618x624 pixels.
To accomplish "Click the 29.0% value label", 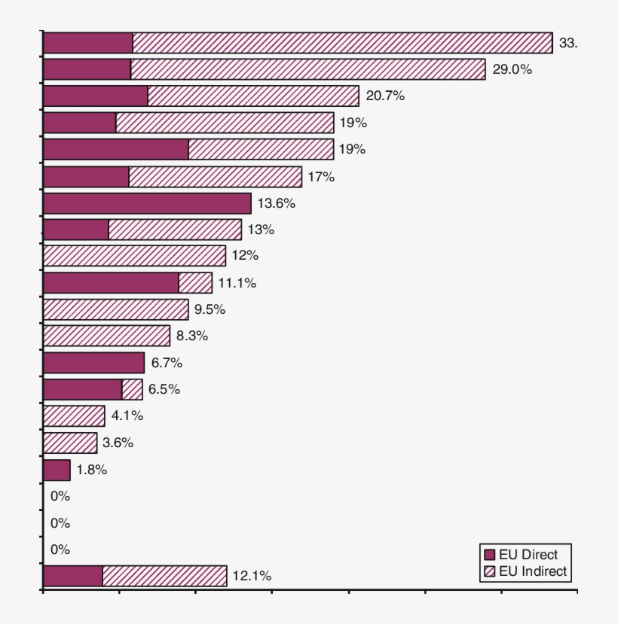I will click(x=513, y=69).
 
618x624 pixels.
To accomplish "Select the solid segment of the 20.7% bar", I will click(x=95, y=96).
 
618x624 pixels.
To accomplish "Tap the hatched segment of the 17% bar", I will click(x=215, y=177).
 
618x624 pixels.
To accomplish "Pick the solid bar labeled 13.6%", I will click(x=147, y=203).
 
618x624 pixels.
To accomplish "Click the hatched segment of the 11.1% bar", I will click(x=195, y=283).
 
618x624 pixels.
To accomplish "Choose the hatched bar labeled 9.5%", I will click(x=115, y=309).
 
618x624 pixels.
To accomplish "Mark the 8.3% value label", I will click(x=192, y=336).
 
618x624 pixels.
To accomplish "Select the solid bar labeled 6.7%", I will click(x=93, y=363).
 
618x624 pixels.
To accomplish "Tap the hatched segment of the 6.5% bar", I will click(x=132, y=389).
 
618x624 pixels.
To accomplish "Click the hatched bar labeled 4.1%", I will click(x=74, y=415).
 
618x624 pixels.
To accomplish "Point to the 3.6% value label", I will click(x=118, y=443).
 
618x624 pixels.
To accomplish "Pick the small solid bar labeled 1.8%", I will click(x=57, y=470).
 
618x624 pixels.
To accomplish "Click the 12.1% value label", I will click(x=252, y=576).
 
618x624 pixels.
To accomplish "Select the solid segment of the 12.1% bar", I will click(x=72, y=576).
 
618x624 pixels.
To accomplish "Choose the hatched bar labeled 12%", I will click(x=134, y=256).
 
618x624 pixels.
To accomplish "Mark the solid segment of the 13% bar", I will click(x=75, y=230).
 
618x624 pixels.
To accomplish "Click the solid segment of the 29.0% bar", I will click(x=87, y=69).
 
